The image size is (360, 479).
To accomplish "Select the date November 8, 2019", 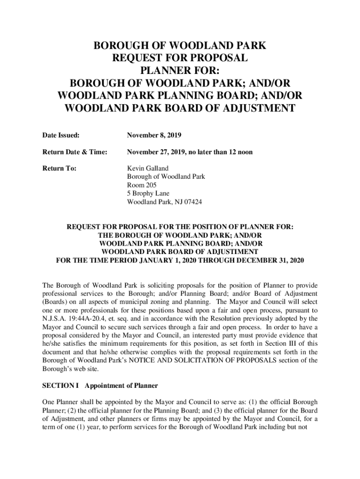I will (x=154, y=136).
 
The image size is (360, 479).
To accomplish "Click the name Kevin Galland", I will (x=148, y=168).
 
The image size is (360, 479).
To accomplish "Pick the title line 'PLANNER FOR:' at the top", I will (x=180, y=71).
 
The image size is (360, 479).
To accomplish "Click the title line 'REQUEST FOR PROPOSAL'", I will (x=180, y=58).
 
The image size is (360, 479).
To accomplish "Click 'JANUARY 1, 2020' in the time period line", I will (x=168, y=261).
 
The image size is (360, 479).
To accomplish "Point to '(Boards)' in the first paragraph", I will (x=55, y=302).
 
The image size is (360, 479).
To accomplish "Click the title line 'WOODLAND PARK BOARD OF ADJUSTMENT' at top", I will (x=180, y=109).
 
